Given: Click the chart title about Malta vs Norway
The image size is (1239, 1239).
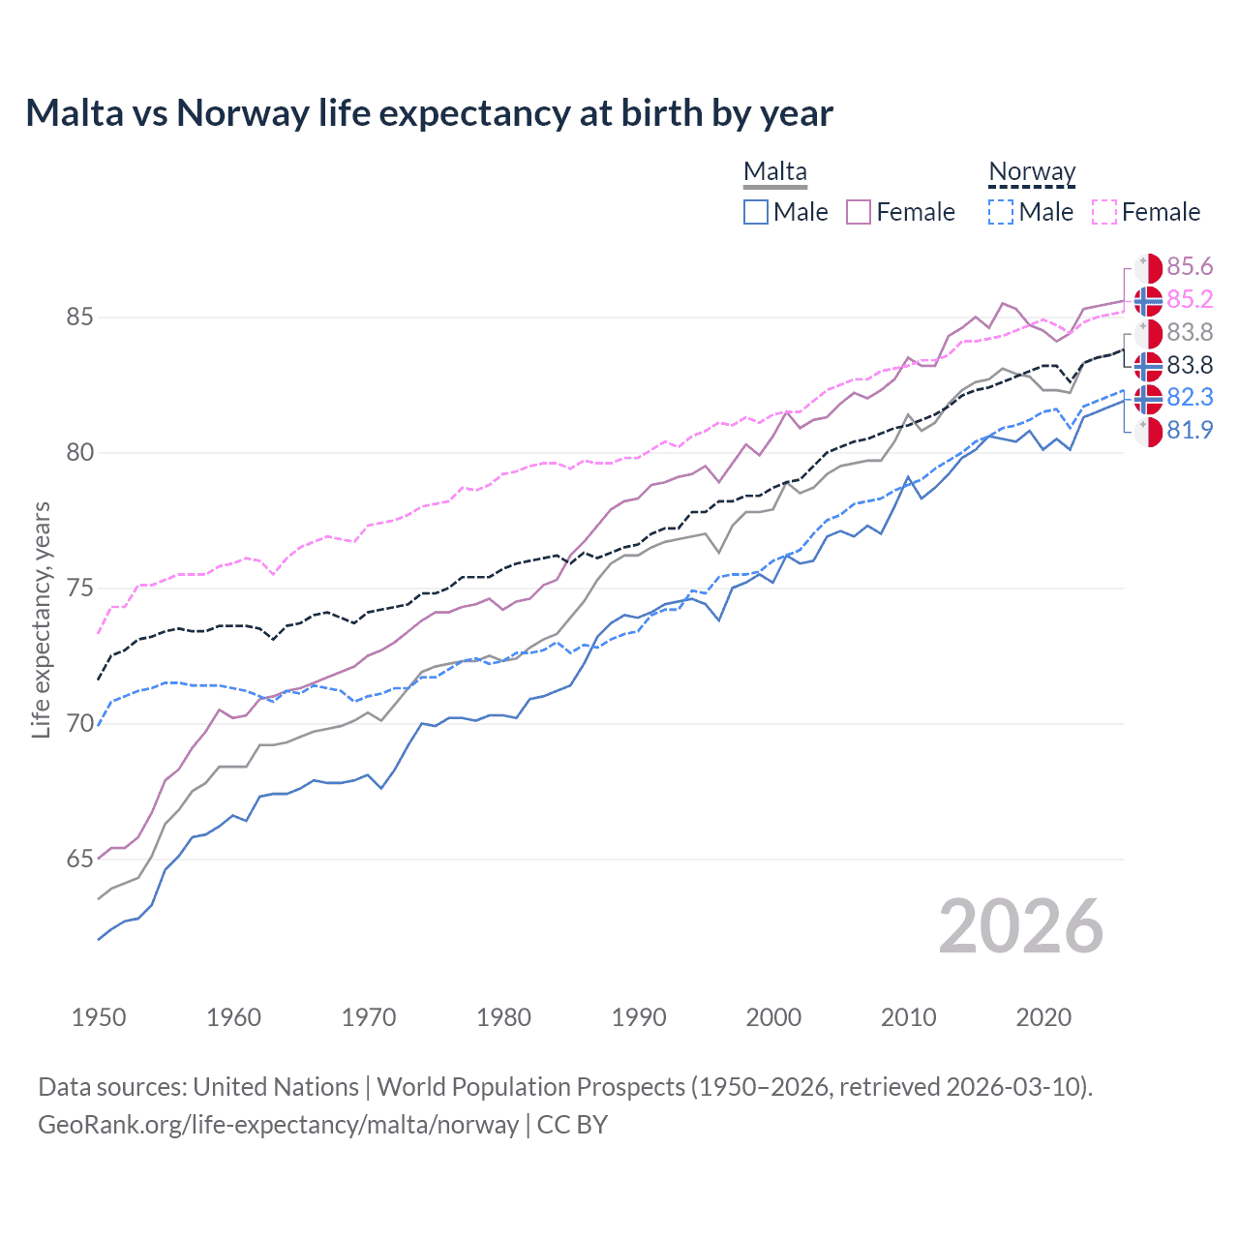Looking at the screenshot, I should tap(429, 113).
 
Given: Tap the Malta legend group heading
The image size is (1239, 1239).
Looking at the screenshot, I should tap(774, 172).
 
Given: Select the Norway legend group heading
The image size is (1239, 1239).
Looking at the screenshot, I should tap(1032, 172).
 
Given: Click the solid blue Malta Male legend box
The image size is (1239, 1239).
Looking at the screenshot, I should tap(756, 212).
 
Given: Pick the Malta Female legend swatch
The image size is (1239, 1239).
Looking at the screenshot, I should tap(859, 212).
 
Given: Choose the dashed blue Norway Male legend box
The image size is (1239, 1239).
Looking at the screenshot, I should tap(1001, 212).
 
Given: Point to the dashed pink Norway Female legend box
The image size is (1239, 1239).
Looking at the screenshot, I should tap(1104, 212).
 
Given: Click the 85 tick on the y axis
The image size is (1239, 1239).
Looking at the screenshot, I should tap(79, 317).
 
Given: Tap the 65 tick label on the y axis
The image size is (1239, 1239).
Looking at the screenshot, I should tap(79, 860).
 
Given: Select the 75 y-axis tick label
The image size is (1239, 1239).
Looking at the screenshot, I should tap(79, 589).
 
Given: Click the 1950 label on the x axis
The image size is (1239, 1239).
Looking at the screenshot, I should tap(99, 1017).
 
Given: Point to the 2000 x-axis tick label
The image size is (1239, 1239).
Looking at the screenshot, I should tap(773, 1017).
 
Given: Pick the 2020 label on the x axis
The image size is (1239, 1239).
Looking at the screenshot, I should tap(1043, 1017).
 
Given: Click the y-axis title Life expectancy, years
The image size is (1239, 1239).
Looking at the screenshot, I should tap(42, 619).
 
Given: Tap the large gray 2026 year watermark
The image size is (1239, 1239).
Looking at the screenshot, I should tap(1020, 926).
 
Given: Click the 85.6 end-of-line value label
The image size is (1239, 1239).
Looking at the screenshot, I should tap(1190, 267).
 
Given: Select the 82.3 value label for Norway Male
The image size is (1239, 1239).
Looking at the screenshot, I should tap(1190, 398).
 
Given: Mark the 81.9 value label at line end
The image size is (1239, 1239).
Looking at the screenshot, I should tap(1190, 431).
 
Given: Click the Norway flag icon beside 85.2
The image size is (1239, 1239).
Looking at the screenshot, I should tap(1148, 301).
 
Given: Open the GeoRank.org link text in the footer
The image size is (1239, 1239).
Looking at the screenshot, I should tap(278, 1125).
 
